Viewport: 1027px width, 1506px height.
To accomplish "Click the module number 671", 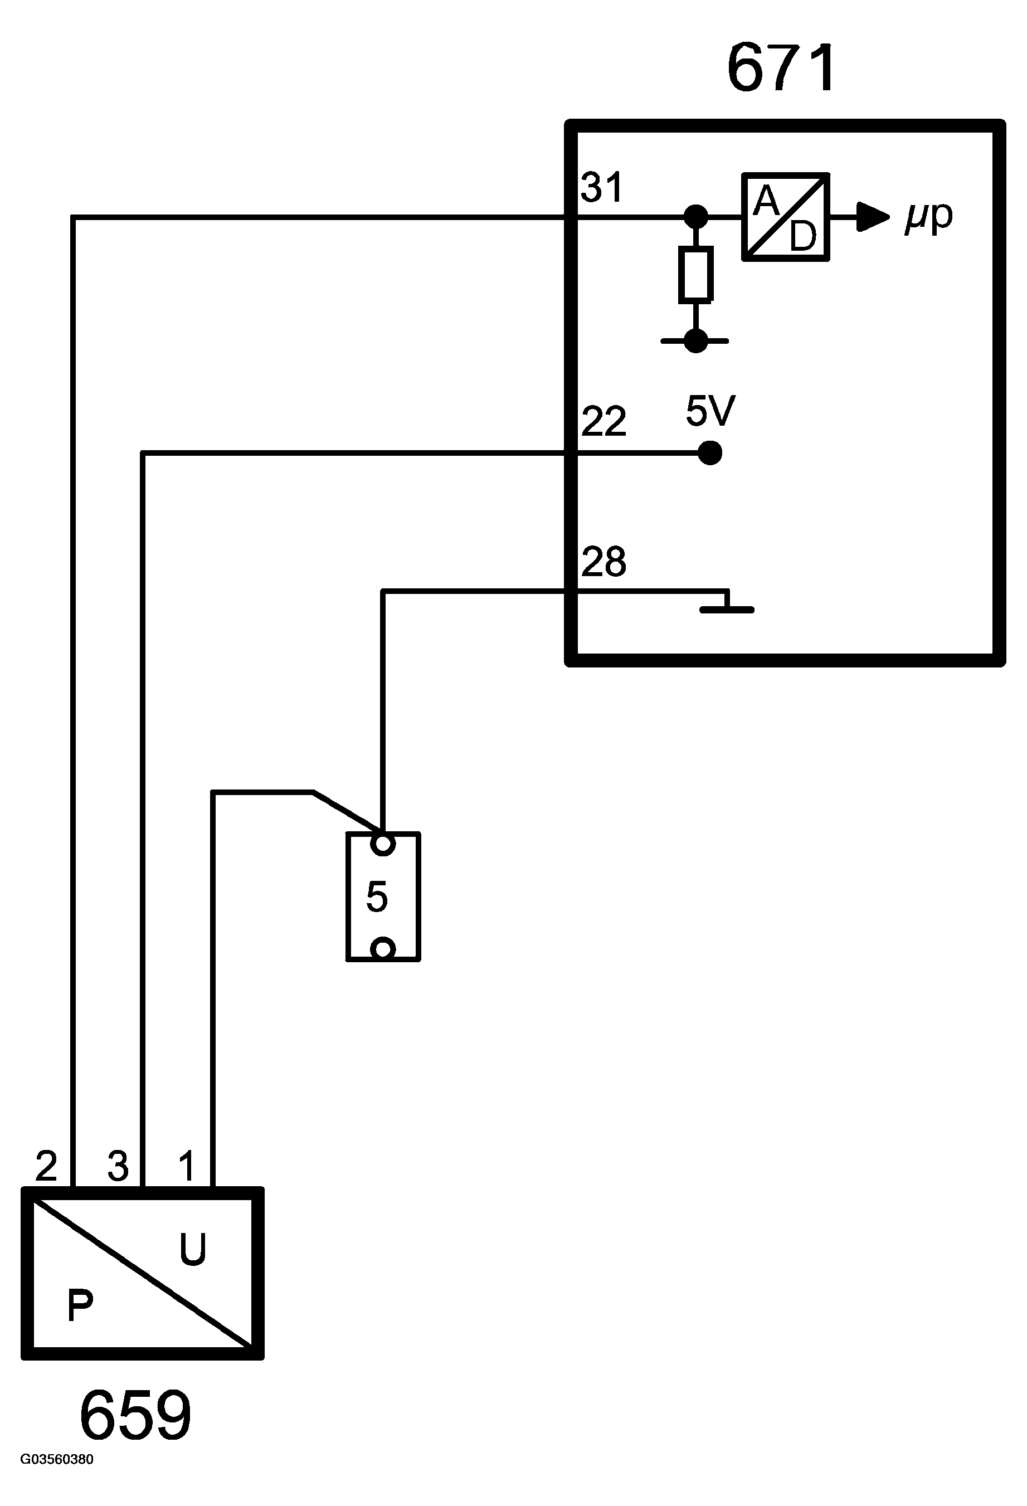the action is pyautogui.click(x=781, y=69).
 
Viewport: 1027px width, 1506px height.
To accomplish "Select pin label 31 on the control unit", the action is pyautogui.click(x=602, y=187).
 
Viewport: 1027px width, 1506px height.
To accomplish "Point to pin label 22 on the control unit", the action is pyautogui.click(x=604, y=421).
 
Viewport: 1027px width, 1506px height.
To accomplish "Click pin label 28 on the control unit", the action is pyautogui.click(x=604, y=561).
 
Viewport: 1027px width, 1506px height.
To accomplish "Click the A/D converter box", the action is pyautogui.click(x=785, y=217).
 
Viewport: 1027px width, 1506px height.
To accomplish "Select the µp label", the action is pyautogui.click(x=929, y=217).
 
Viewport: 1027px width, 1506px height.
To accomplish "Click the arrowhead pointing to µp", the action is pyautogui.click(x=873, y=217).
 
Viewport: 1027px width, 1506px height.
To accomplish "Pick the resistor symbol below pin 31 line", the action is pyautogui.click(x=696, y=274).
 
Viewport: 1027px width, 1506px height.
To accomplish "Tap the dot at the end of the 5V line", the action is pyautogui.click(x=710, y=453).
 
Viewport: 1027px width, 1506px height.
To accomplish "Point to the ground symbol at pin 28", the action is pyautogui.click(x=727, y=602).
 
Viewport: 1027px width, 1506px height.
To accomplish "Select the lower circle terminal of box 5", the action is pyautogui.click(x=382, y=949).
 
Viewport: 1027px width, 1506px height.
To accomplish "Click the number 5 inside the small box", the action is pyautogui.click(x=377, y=897).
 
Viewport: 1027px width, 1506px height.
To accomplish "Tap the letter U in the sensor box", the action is pyautogui.click(x=192, y=1249).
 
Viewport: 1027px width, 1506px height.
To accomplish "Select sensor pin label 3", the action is pyautogui.click(x=118, y=1167).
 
